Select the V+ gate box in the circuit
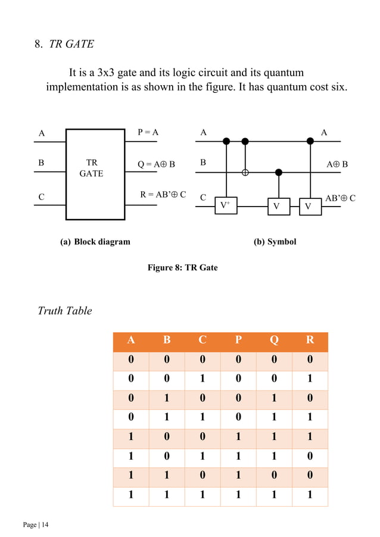[226, 205]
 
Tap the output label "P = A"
[148, 133]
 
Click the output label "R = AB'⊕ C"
[163, 194]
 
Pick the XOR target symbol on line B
[245, 173]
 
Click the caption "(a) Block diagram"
[95, 242]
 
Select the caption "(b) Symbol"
[275, 242]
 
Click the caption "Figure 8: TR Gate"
[182, 267]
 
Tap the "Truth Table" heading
[65, 311]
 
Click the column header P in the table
[238, 341]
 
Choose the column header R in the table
[310, 341]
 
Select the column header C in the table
[203, 341]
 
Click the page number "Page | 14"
[36, 524]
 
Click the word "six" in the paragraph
[335, 88]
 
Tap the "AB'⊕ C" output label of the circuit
[340, 198]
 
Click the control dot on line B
[278, 173]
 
